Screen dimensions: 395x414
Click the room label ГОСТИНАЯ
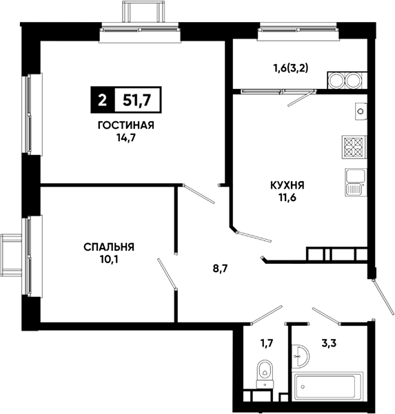tap(125, 125)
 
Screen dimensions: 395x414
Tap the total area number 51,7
tap(137, 100)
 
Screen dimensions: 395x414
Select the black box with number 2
tap(103, 100)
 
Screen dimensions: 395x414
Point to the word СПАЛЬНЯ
tap(109, 247)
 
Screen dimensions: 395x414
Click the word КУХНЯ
tap(287, 185)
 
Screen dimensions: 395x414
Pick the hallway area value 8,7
tap(220, 269)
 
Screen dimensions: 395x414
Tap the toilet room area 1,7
tap(266, 344)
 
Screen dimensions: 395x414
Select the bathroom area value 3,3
tap(329, 344)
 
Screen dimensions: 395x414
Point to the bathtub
tap(327, 386)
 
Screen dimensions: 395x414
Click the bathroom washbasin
tap(301, 355)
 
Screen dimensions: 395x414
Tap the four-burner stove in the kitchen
tap(354, 147)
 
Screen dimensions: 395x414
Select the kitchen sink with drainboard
tap(356, 182)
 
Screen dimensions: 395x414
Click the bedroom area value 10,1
tap(109, 260)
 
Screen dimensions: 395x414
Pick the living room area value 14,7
tap(126, 138)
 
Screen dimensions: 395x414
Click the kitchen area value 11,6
tap(287, 198)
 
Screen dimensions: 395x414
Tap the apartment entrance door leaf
tap(383, 298)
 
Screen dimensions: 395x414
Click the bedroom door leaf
tap(167, 273)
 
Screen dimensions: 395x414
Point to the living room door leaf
tap(199, 194)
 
